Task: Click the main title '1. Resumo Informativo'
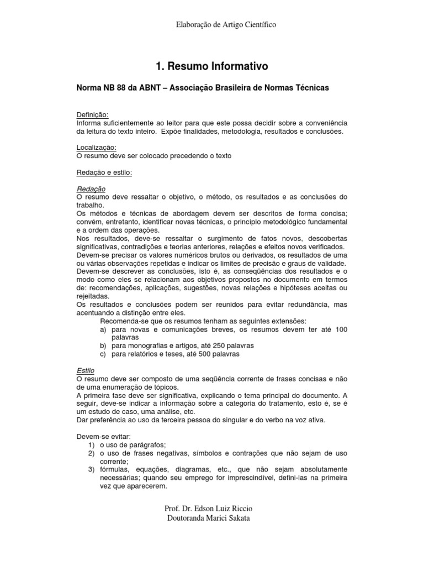tap(213, 66)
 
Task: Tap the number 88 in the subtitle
tap(121, 88)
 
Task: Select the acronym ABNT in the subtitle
tap(151, 88)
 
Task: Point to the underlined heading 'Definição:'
tap(93, 114)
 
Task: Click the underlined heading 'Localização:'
tap(97, 148)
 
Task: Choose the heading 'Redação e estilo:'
tap(104, 172)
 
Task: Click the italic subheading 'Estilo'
tap(86, 371)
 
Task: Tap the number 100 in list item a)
tap(341, 329)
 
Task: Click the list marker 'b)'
tap(103, 345)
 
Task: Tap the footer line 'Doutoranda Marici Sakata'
tap(212, 518)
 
